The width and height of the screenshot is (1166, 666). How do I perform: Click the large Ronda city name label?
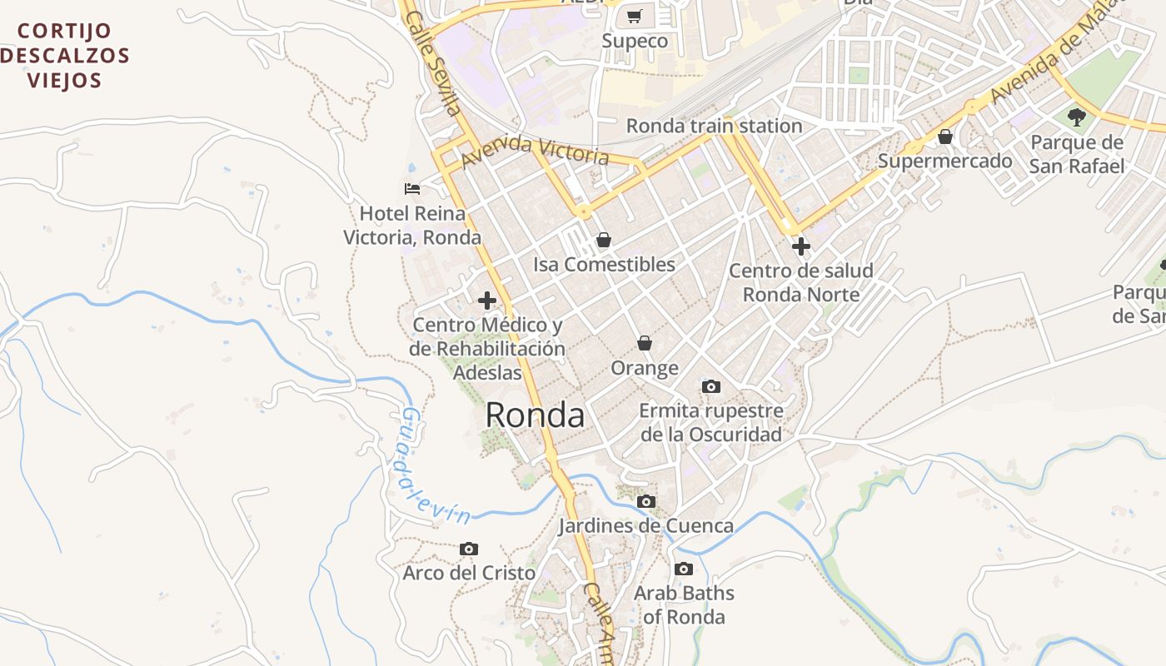[535, 415]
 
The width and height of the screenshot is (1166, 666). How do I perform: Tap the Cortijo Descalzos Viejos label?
[65, 56]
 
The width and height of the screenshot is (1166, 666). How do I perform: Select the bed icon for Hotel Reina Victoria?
[411, 189]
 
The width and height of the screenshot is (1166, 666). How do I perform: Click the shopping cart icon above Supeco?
[635, 16]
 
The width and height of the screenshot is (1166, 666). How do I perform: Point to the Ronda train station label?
[714, 127]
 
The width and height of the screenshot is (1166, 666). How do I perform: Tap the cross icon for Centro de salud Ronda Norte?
[800, 246]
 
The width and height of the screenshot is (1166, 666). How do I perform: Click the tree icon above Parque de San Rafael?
[1076, 117]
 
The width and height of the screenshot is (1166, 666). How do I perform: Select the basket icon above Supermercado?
[945, 137]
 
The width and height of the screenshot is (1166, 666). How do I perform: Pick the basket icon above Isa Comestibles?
[604, 240]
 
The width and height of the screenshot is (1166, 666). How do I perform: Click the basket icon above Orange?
[644, 343]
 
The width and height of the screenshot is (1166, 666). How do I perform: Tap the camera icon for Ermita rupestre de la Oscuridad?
[710, 386]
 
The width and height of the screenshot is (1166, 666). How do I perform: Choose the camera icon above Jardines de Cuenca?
[645, 501]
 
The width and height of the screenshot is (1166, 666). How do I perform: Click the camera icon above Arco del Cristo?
[469, 549]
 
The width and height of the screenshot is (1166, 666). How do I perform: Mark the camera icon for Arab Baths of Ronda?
[684, 569]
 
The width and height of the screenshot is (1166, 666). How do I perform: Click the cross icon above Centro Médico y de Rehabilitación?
[487, 300]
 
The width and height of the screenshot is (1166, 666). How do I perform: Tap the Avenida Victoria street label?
[536, 150]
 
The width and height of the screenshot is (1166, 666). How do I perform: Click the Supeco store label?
[635, 42]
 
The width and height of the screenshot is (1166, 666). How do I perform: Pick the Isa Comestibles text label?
[604, 265]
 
